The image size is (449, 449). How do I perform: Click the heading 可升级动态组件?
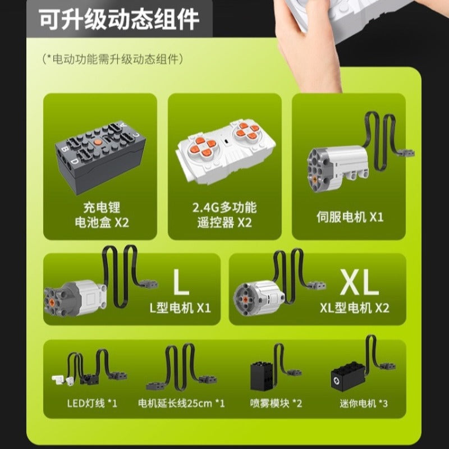[119, 20]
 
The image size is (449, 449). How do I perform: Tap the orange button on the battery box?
[97, 141]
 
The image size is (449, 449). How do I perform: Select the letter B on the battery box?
[65, 149]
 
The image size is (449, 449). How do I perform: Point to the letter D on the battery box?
[74, 161]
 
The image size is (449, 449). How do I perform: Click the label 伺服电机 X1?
[350, 217]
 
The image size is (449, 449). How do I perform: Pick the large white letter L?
[181, 282]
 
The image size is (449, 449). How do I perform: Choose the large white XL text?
[360, 282]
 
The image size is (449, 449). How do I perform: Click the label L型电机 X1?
[180, 308]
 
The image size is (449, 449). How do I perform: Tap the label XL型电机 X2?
[355, 308]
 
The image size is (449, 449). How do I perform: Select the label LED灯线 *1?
[92, 404]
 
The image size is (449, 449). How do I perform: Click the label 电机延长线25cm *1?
[181, 404]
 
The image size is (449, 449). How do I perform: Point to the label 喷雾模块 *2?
[276, 404]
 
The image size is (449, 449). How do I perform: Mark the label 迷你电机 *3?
[364, 404]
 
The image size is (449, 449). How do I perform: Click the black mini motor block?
[348, 376]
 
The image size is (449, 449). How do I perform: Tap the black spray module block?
[262, 376]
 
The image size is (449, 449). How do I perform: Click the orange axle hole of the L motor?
[52, 301]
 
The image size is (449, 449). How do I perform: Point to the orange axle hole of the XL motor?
[246, 300]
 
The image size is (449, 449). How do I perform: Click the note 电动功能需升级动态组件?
[113, 59]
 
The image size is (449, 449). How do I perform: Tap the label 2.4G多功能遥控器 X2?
[224, 215]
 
